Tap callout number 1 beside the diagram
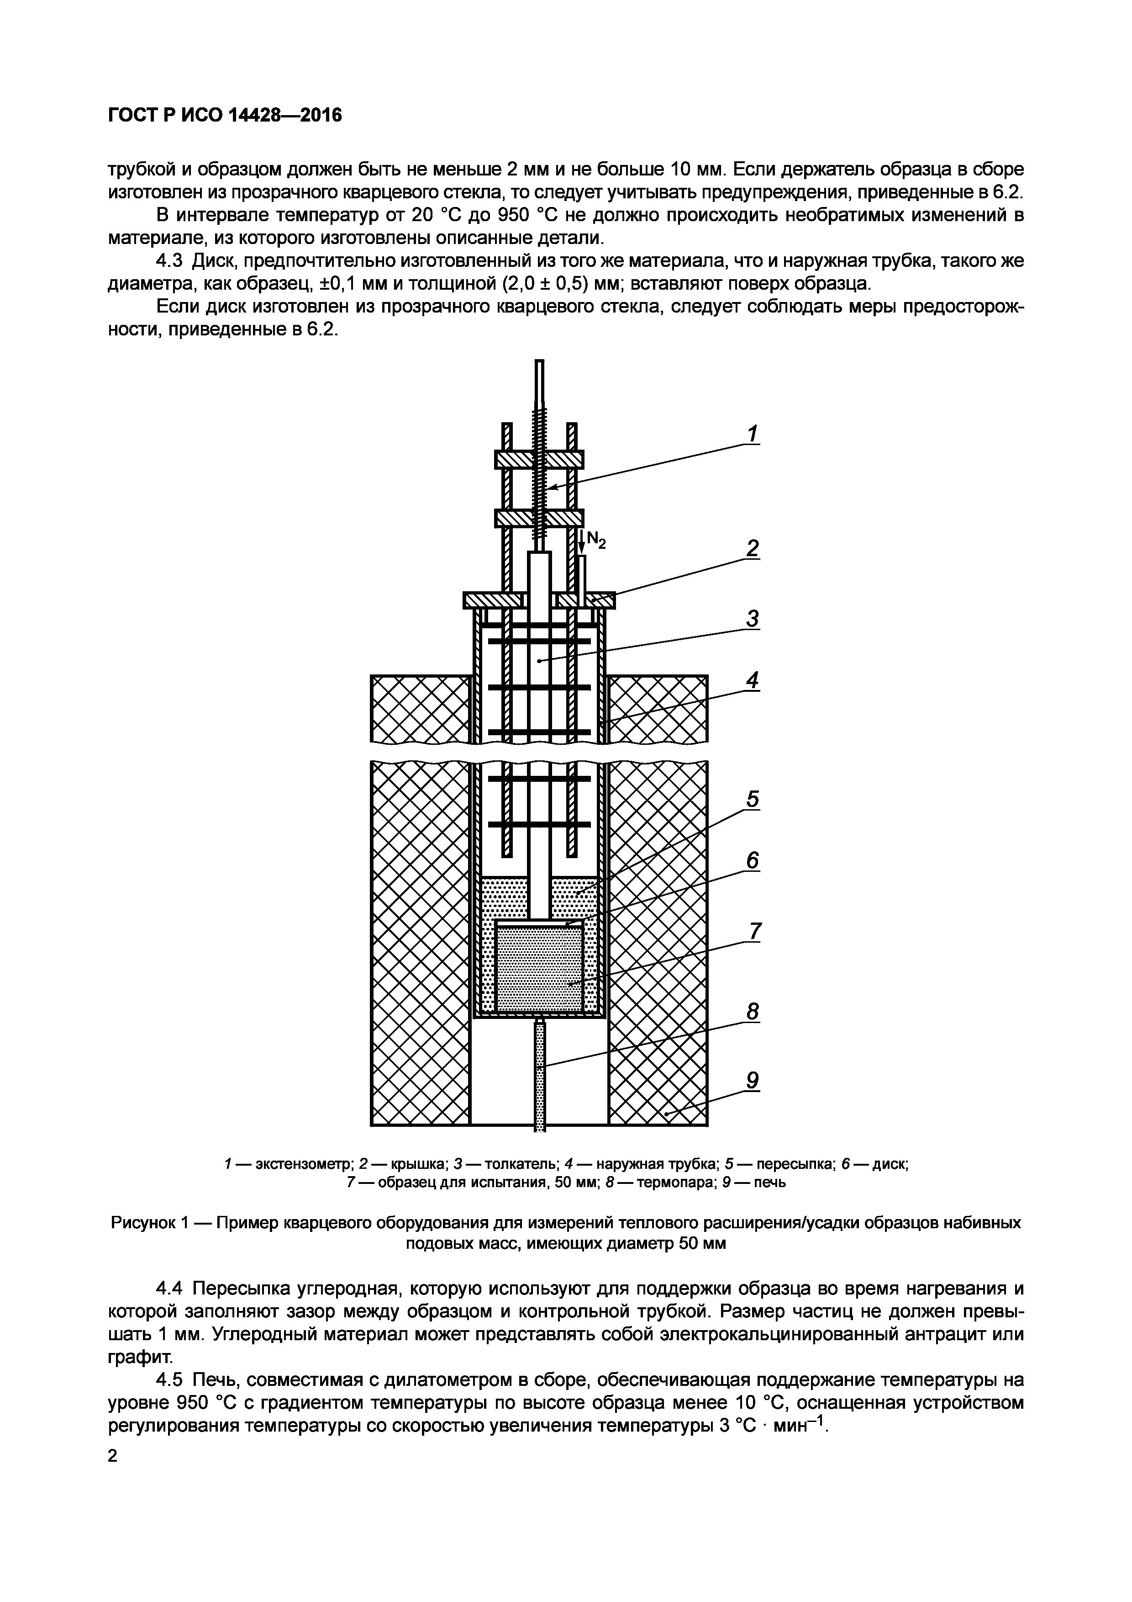tap(752, 435)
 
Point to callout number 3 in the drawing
tap(752, 619)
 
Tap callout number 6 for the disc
tap(752, 862)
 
